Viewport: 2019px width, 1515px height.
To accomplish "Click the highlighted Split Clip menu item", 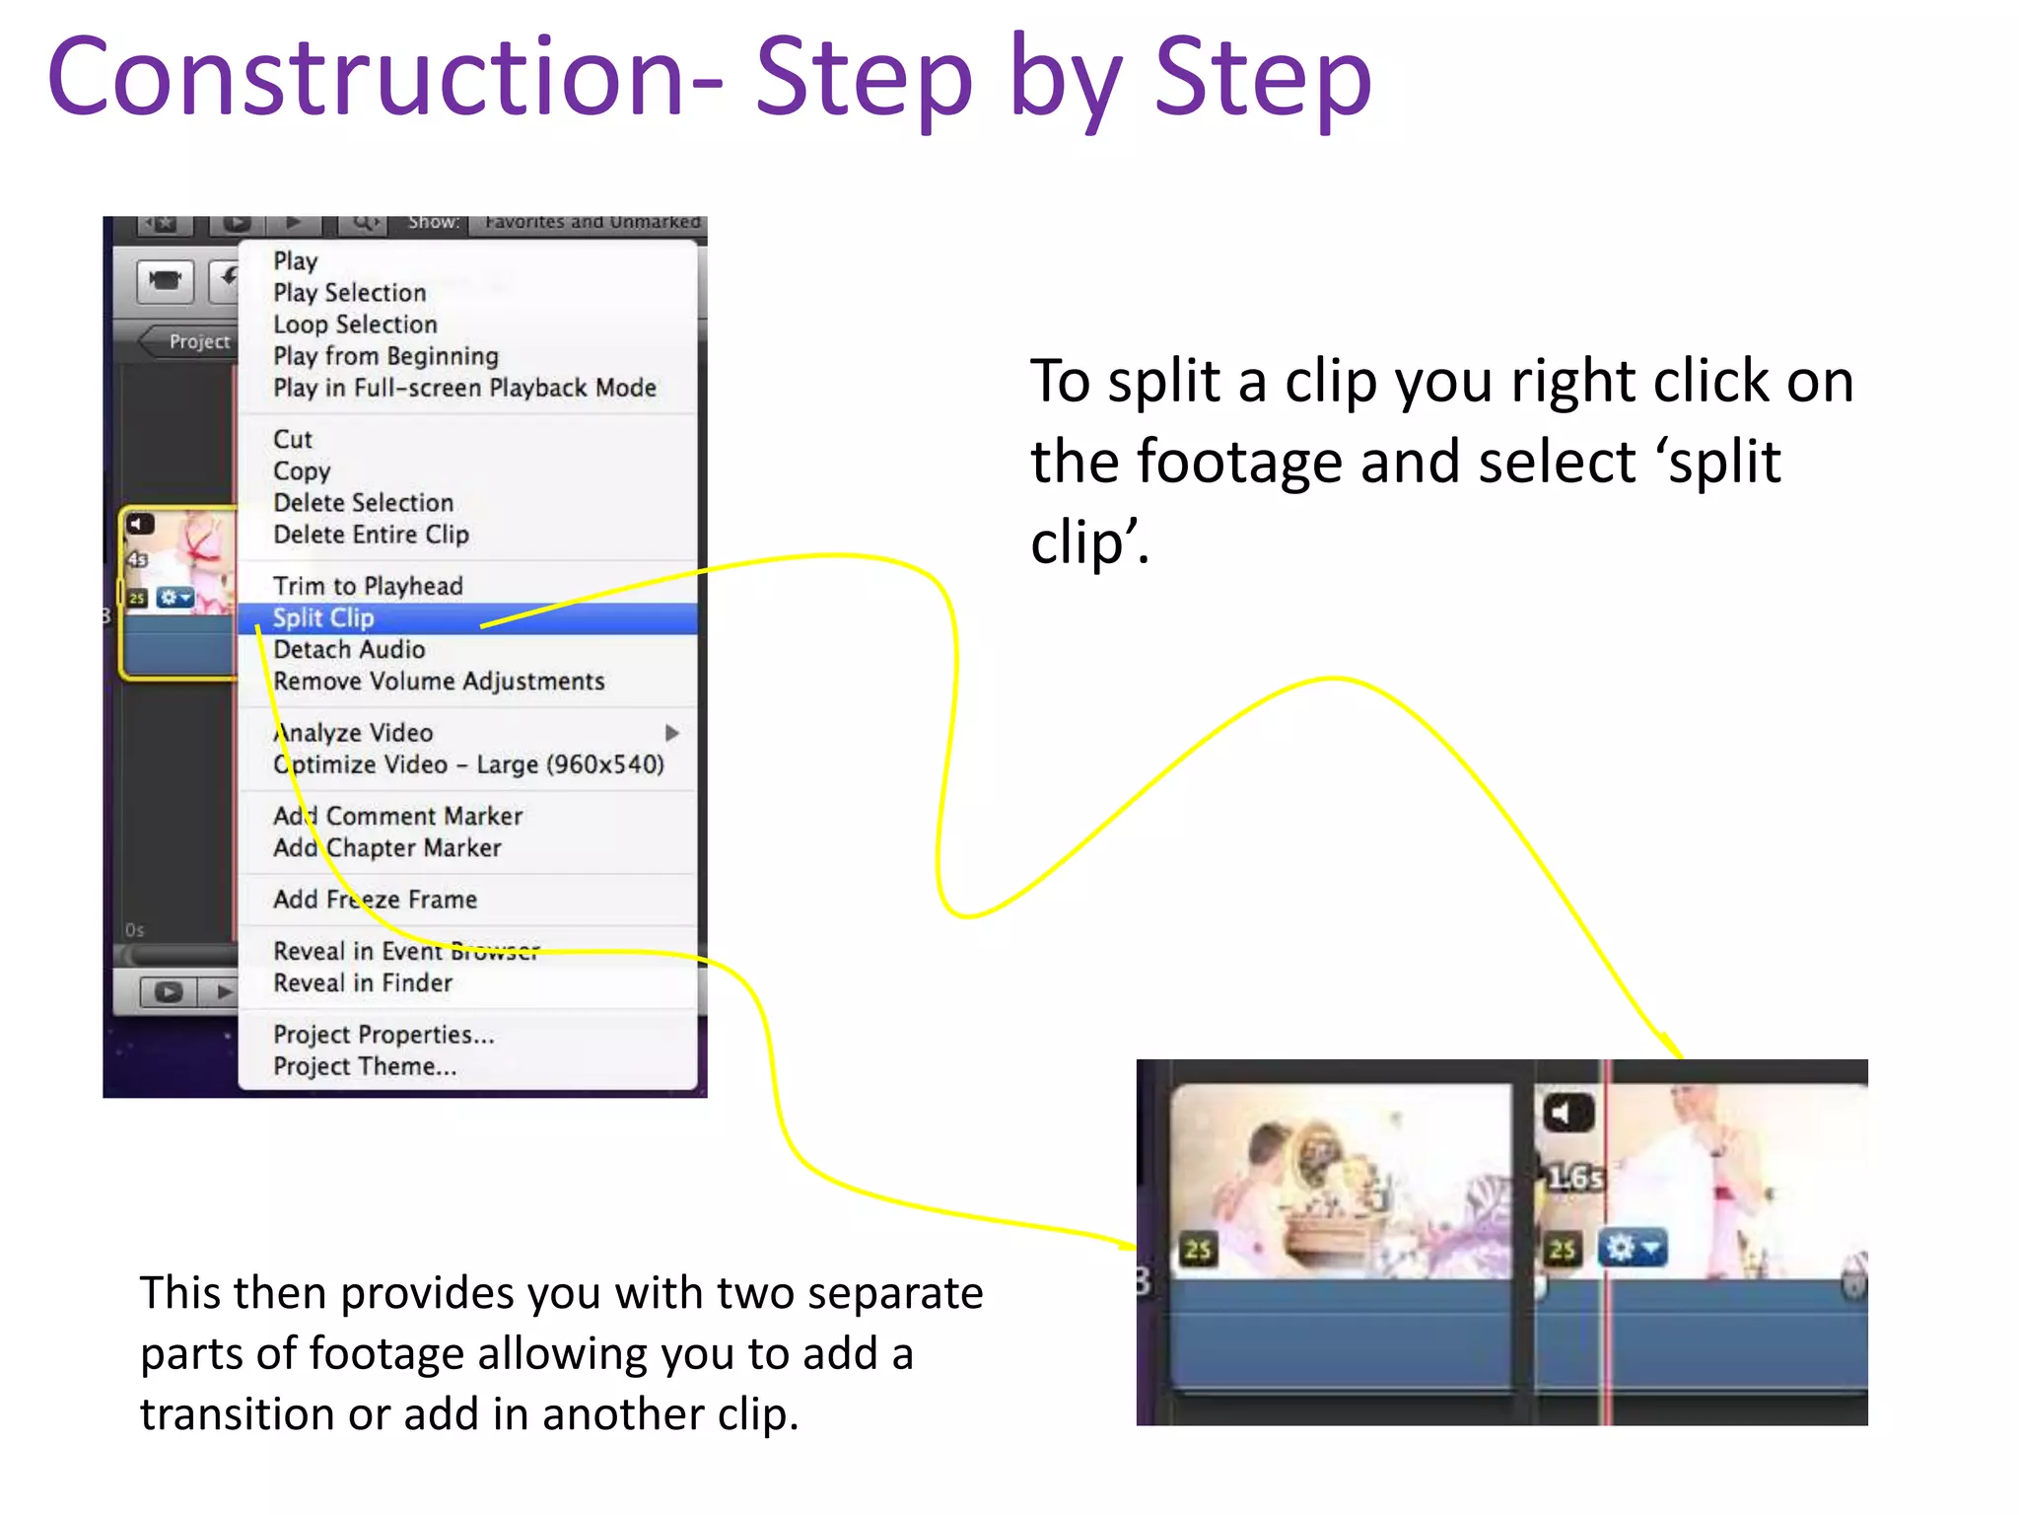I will coord(323,618).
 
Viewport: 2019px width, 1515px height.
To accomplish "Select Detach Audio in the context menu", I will coord(349,650).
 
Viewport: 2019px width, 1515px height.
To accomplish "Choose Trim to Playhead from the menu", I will coord(368,586).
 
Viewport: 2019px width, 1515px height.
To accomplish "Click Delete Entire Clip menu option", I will coord(371,535).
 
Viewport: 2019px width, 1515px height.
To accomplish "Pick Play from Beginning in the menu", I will coord(385,356).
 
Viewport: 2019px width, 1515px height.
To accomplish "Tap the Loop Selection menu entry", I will coord(355,325).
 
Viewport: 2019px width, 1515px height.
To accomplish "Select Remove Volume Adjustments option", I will coord(439,682).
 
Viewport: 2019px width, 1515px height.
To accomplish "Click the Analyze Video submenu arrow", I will coord(672,733).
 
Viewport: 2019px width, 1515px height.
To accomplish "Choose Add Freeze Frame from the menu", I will coord(375,900).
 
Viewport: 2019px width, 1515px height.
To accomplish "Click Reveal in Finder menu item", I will coord(363,983).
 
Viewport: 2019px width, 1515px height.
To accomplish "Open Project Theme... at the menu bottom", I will coord(365,1066).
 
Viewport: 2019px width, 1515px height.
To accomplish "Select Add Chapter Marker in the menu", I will coord(387,848).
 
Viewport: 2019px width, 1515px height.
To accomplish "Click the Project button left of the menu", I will coord(195,341).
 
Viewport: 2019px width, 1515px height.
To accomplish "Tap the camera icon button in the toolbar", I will coord(165,281).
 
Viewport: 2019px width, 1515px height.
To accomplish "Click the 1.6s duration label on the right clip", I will coord(1573,1178).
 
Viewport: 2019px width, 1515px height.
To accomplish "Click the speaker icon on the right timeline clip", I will coord(1567,1114).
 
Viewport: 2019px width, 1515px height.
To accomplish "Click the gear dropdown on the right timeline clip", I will coord(1632,1248).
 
